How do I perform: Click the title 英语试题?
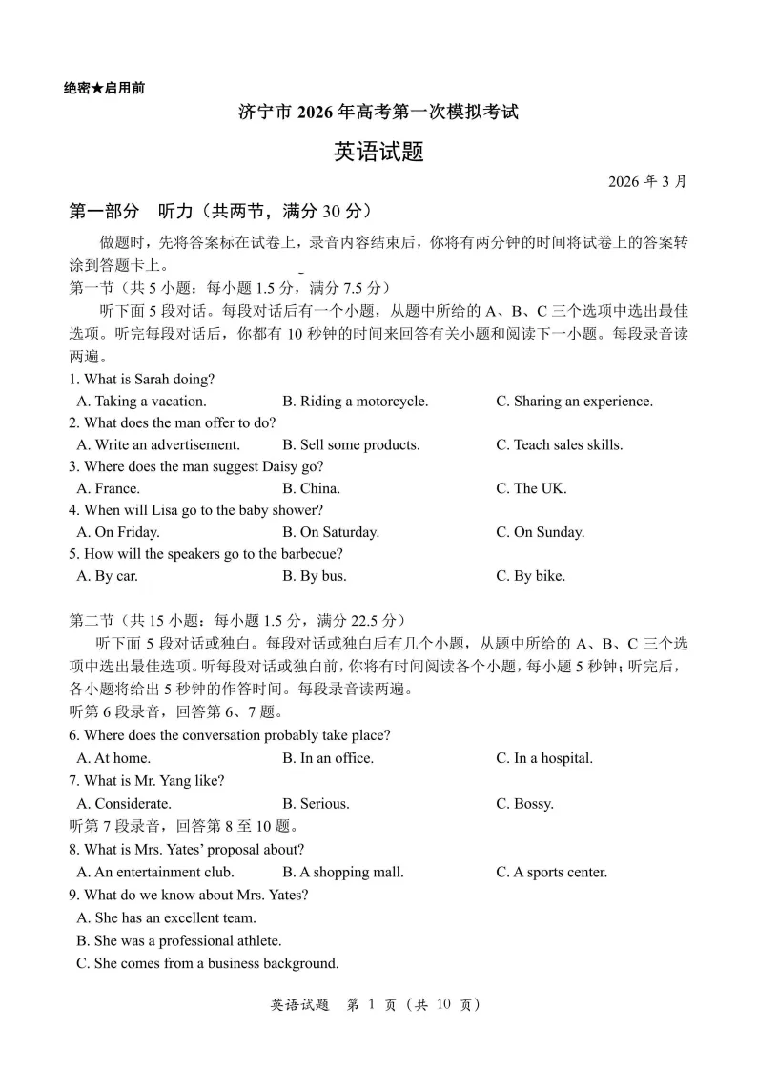point(378,152)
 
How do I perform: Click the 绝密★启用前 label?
point(105,88)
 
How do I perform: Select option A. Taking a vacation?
point(141,402)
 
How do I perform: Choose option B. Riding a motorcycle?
point(355,402)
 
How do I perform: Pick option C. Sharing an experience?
point(574,402)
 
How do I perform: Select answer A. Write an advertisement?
point(158,445)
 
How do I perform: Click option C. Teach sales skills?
point(559,445)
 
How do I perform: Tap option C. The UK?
point(530,489)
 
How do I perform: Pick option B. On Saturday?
point(330,533)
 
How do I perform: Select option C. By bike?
point(530,576)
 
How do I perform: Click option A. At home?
point(113,759)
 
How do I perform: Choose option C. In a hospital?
point(543,759)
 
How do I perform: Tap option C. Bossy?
point(524,804)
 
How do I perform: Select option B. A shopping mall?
point(342,873)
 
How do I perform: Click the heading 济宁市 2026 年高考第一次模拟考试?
point(378,113)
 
